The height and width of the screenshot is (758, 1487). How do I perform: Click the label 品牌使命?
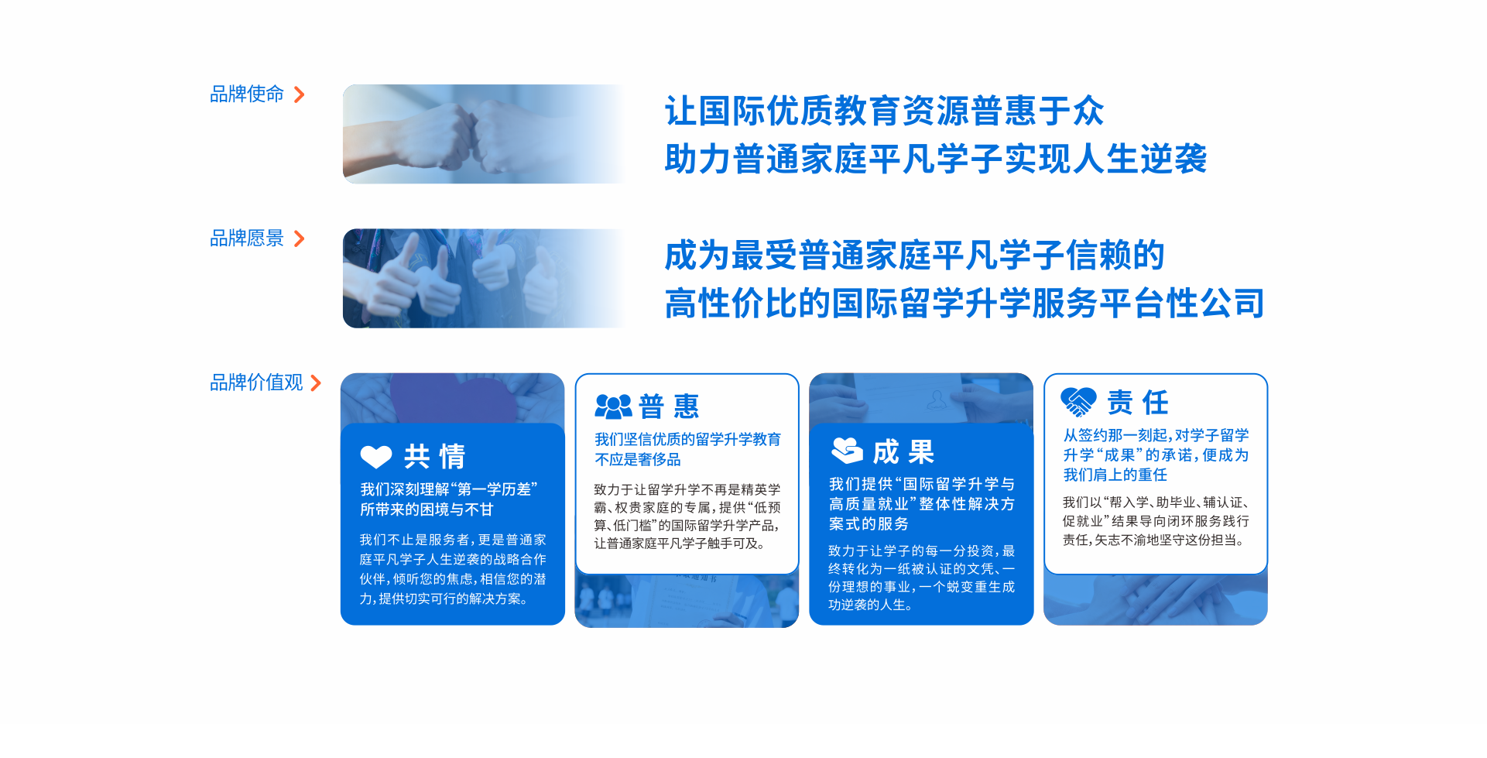(x=247, y=94)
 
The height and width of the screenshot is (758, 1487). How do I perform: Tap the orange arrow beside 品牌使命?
(x=300, y=94)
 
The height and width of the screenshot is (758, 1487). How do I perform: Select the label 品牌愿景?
(x=247, y=238)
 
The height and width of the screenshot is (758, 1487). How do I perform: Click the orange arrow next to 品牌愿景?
(x=300, y=238)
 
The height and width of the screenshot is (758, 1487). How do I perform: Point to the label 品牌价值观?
(x=256, y=382)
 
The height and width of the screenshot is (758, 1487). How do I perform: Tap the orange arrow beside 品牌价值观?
(x=316, y=382)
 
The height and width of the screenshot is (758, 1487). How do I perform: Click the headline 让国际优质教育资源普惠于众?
(x=884, y=111)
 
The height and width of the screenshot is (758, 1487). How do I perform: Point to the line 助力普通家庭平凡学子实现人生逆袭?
(x=935, y=159)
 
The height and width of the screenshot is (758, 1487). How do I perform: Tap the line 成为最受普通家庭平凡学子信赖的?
(x=914, y=256)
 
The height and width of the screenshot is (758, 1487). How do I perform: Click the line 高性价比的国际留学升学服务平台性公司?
(x=964, y=304)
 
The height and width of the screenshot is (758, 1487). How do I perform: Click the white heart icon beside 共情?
(x=376, y=457)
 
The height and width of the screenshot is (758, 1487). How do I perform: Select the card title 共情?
(x=435, y=457)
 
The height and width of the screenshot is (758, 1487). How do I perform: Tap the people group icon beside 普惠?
(x=613, y=406)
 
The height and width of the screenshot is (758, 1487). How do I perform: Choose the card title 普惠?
(x=670, y=406)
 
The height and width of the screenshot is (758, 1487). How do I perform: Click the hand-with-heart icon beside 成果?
(x=847, y=450)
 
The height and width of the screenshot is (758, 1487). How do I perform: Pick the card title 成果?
(x=904, y=451)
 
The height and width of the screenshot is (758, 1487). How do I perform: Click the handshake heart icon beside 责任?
(x=1078, y=401)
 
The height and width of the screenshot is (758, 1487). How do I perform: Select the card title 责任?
(x=1138, y=402)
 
